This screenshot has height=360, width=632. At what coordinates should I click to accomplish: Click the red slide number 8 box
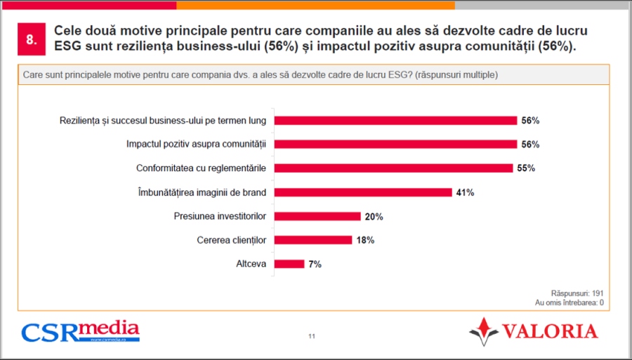click(31, 40)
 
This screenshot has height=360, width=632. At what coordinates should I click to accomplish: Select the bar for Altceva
click(289, 264)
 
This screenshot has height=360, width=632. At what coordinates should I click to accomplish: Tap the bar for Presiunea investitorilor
click(317, 216)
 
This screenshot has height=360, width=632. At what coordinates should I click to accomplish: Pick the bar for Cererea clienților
click(312, 240)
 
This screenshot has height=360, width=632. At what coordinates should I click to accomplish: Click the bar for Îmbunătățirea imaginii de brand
click(362, 192)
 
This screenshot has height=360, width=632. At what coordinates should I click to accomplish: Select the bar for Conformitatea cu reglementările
click(393, 168)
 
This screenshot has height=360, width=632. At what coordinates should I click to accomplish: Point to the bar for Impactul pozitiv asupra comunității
click(395, 145)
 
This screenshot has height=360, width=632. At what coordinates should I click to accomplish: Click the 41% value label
click(465, 192)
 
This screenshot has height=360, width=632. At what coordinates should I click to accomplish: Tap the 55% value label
click(526, 168)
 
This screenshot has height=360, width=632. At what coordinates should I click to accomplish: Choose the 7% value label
click(315, 265)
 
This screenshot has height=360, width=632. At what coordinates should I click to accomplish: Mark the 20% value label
click(374, 217)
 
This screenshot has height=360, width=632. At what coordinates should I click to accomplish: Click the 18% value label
click(365, 241)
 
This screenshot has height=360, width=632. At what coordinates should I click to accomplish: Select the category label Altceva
click(251, 264)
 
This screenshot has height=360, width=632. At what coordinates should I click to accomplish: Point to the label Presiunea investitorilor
click(220, 216)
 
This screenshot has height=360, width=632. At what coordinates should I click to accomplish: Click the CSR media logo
click(80, 331)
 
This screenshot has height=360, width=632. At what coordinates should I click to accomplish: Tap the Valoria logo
click(533, 331)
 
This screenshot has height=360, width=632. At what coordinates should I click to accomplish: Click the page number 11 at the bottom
click(311, 336)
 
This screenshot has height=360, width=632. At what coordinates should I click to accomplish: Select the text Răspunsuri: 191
click(577, 293)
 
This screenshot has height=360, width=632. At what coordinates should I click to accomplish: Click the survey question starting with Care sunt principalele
click(261, 74)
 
